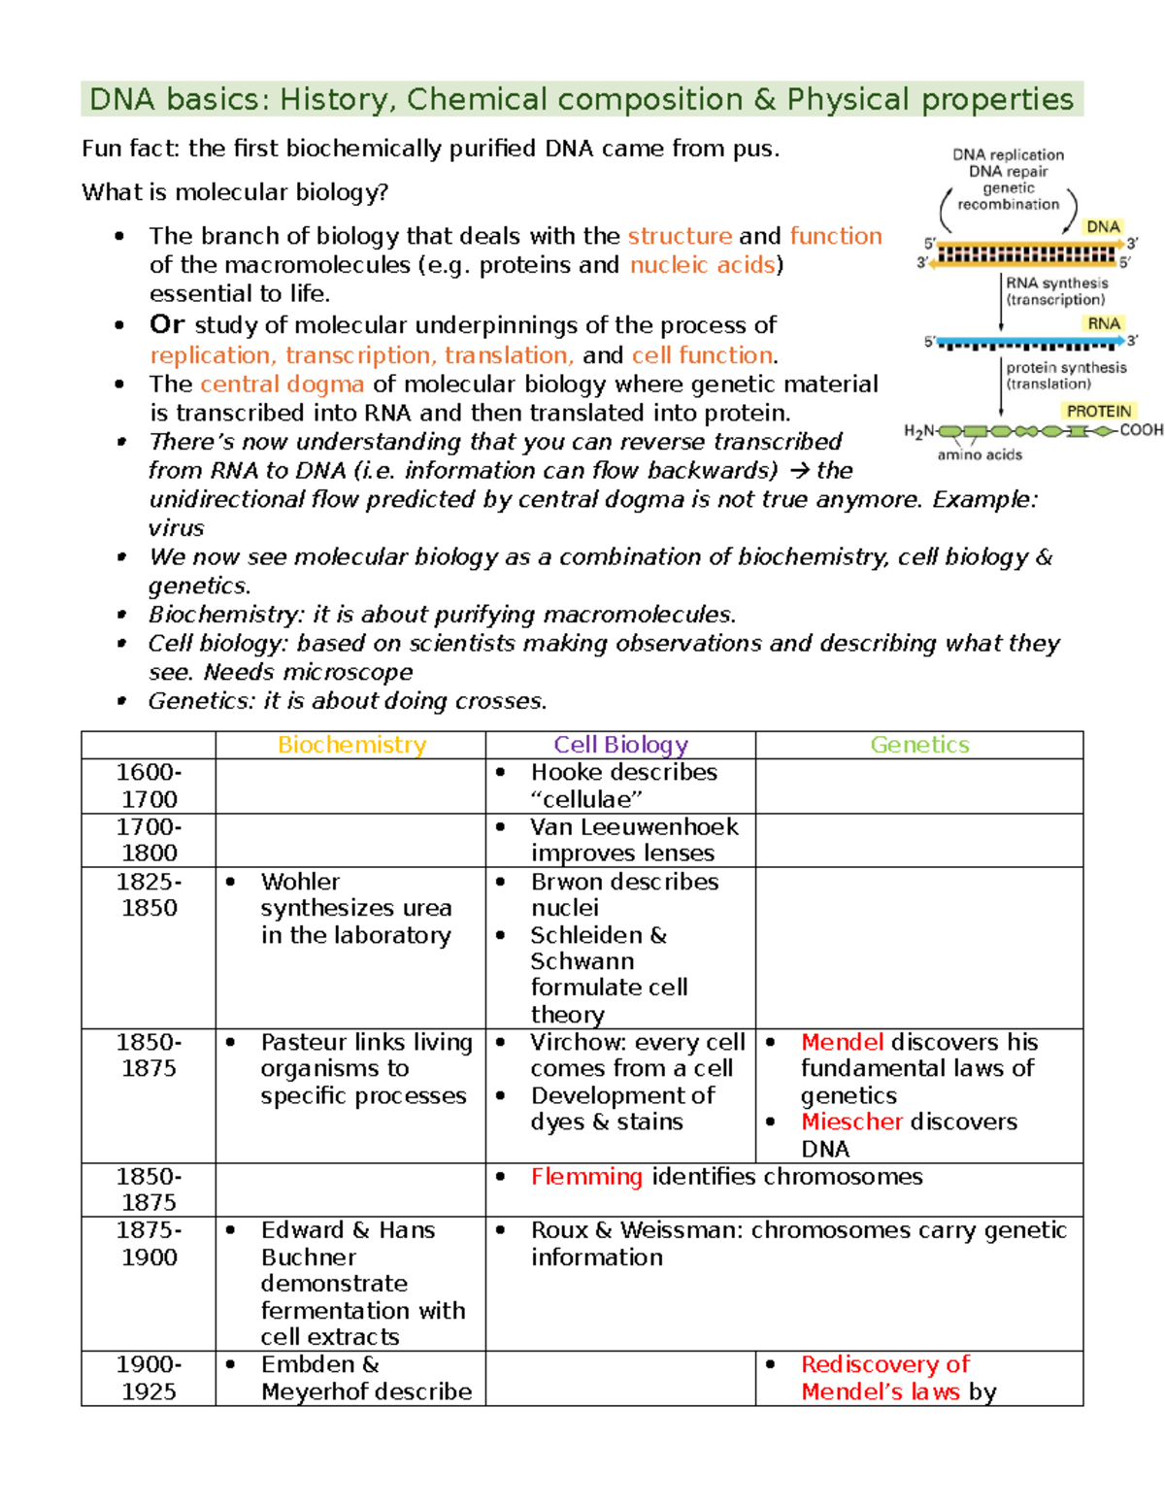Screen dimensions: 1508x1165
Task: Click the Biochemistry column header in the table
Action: [x=351, y=745]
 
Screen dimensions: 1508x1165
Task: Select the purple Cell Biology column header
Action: [x=620, y=745]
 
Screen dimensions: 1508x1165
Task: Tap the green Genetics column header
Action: [x=919, y=745]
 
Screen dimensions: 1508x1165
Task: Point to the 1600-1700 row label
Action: [x=149, y=786]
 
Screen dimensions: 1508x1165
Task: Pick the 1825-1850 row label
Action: [x=149, y=894]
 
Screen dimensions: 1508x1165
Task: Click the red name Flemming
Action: [x=586, y=1177]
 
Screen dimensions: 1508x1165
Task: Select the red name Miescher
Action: [x=851, y=1122]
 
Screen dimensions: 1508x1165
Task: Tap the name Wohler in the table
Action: [x=300, y=882]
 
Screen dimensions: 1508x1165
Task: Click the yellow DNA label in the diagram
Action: [x=1103, y=227]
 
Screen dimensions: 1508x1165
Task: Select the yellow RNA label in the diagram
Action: [x=1103, y=323]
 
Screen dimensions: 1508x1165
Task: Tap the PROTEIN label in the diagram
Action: [x=1098, y=412]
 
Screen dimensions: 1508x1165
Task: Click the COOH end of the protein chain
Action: [x=1141, y=430]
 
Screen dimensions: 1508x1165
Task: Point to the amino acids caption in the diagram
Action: [x=979, y=454]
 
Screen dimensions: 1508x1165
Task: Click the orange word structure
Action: [x=680, y=236]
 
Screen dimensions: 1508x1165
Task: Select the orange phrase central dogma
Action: [x=282, y=385]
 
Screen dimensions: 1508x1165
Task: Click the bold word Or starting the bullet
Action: [x=167, y=325]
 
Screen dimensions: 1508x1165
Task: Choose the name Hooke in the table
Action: [x=568, y=773]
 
